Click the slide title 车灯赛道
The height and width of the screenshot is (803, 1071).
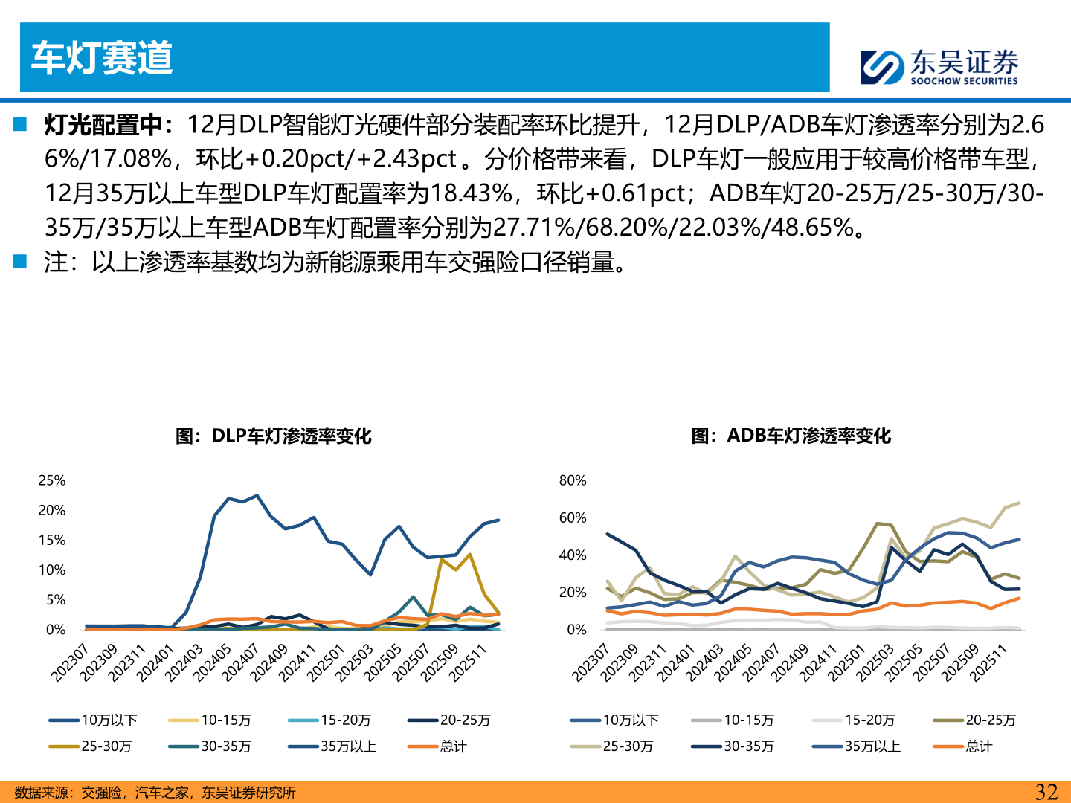tap(102, 58)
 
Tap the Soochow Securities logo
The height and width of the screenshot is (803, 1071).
tap(939, 67)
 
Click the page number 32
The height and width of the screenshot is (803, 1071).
tap(1046, 792)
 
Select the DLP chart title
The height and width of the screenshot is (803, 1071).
tap(273, 436)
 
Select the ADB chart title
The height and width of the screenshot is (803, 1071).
tap(791, 436)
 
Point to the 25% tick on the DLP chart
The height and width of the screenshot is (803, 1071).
tap(52, 481)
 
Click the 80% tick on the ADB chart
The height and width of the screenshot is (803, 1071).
tap(573, 481)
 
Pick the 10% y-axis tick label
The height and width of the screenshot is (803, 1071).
tap(52, 570)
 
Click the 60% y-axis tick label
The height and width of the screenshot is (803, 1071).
tap(573, 518)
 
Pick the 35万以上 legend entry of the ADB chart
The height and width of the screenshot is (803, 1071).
tap(872, 746)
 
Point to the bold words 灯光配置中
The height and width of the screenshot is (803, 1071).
tap(103, 125)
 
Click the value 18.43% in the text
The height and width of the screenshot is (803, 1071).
tap(472, 193)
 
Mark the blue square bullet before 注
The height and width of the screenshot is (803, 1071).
tap(19, 262)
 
